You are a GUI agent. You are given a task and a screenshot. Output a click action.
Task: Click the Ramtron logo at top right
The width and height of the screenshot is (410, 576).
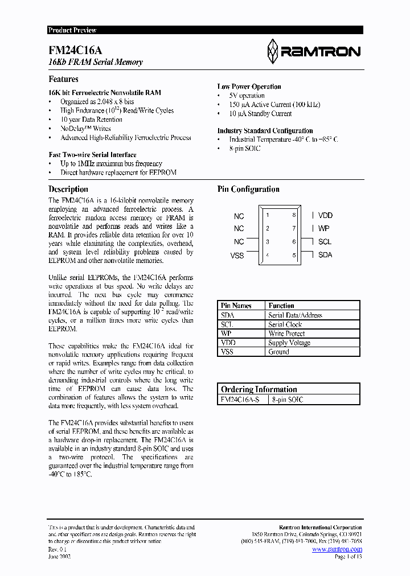coord(313,51)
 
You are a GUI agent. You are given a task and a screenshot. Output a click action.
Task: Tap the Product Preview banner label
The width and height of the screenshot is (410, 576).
coord(72,30)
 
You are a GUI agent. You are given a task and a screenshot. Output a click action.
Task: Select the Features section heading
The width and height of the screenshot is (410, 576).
coord(63,79)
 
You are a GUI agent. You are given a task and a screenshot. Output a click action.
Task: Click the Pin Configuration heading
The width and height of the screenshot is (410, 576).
coord(248,189)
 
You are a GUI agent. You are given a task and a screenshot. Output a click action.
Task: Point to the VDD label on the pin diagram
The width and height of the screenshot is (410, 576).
coord(325,215)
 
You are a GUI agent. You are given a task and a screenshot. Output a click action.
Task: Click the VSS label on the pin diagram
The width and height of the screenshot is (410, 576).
coord(237,256)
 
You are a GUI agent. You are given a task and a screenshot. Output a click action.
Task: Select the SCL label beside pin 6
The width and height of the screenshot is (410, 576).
coord(325,241)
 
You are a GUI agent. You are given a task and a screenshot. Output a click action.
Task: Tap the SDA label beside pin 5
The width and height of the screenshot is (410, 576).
coord(325,255)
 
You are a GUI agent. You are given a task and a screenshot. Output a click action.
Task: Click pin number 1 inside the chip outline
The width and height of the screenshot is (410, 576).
coord(268,215)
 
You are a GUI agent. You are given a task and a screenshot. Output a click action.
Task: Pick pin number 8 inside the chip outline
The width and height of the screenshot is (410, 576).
coord(294,215)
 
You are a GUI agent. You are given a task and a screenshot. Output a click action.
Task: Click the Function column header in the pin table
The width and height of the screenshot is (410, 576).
coord(281,306)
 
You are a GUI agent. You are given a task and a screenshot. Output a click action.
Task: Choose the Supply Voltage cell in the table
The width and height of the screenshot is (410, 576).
coord(289,343)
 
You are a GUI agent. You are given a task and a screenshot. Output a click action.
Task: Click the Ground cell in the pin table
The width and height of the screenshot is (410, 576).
coord(278,352)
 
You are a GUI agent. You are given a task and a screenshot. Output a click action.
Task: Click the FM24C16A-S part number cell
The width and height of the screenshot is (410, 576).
coord(240,400)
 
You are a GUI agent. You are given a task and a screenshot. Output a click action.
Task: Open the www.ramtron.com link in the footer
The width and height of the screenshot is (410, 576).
coord(337,549)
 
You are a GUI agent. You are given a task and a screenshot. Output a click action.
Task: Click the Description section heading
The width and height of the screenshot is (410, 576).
coord(68,189)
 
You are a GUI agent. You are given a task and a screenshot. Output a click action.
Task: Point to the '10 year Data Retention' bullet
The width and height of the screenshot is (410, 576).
coord(91,120)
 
